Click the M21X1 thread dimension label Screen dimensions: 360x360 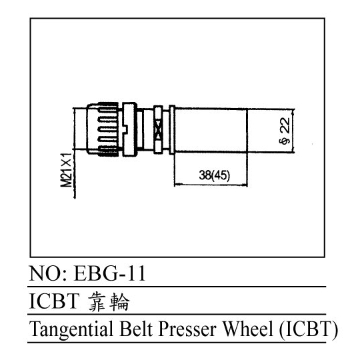point(67,170)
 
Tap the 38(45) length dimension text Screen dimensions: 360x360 point(214,175)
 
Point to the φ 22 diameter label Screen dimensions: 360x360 point(285,131)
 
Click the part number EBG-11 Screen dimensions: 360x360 point(109,273)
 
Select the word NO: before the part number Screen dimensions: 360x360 point(48,273)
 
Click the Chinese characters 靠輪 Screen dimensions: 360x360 point(109,302)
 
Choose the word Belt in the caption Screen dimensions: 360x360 point(136,329)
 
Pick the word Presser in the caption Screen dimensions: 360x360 point(187,329)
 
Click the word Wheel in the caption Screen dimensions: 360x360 point(248,329)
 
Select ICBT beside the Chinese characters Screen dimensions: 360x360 point(55,301)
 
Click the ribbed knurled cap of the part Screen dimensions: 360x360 point(103,129)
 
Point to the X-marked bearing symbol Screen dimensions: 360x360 point(158,130)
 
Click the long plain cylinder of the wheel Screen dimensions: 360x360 point(211,130)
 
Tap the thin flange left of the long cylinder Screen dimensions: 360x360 point(172,130)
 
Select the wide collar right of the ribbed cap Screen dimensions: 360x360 point(130,129)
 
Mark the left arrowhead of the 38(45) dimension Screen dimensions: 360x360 point(177,185)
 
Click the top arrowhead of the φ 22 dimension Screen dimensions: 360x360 point(293,112)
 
